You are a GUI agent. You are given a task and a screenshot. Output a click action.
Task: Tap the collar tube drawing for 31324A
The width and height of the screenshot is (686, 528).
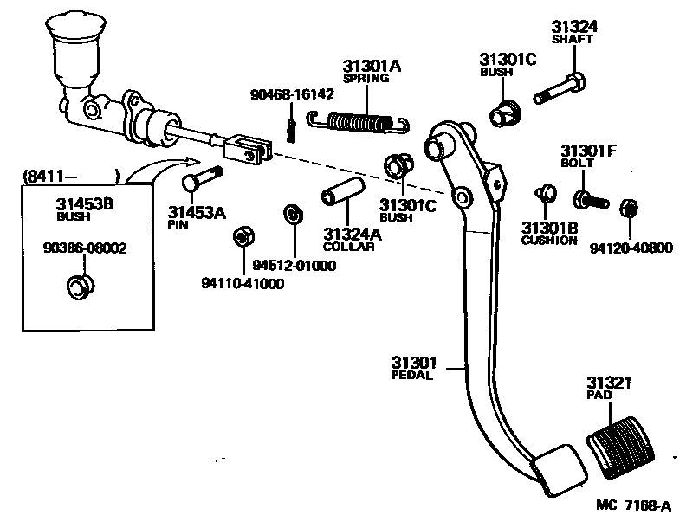[x=340, y=196]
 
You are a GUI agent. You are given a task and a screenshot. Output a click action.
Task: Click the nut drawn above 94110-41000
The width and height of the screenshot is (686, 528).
[x=243, y=235]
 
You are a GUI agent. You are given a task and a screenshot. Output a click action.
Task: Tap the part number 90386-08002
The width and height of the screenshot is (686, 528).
[x=84, y=248]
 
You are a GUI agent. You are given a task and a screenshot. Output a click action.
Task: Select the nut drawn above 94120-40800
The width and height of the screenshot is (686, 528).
[x=630, y=208]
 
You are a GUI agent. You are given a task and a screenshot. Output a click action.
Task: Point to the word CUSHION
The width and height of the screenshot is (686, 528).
[x=549, y=241]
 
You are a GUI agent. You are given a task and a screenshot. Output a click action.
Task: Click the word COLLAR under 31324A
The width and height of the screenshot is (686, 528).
[x=349, y=246]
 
